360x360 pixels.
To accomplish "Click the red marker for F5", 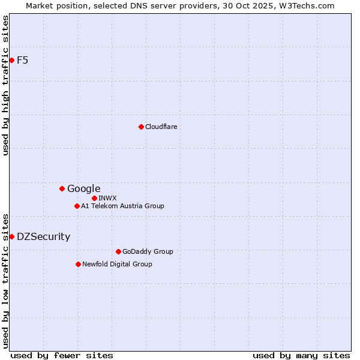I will (11, 60).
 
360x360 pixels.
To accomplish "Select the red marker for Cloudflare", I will (141, 127).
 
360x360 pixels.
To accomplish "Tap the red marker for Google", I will (62, 188).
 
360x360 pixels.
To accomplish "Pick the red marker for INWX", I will (94, 198).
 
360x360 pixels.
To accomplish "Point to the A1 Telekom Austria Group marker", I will (77, 206).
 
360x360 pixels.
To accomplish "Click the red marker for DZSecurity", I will (11, 236).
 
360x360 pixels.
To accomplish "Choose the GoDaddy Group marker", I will (118, 251).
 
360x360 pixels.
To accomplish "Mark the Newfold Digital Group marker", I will (78, 264).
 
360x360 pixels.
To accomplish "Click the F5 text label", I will (22, 60).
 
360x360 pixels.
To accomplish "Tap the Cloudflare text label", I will (161, 127).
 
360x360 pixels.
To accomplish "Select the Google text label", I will (83, 188).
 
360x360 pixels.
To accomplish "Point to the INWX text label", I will (107, 198).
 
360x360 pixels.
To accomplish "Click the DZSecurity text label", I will (43, 236).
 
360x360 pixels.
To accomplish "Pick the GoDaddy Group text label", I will (147, 251).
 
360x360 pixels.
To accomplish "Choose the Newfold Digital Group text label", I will (117, 264).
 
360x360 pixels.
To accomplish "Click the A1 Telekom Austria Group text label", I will (122, 206).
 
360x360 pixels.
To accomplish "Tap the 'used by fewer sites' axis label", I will (62, 355).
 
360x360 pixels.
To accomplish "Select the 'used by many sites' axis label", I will (301, 355).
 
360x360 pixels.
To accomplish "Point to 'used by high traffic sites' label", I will (5, 85).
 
